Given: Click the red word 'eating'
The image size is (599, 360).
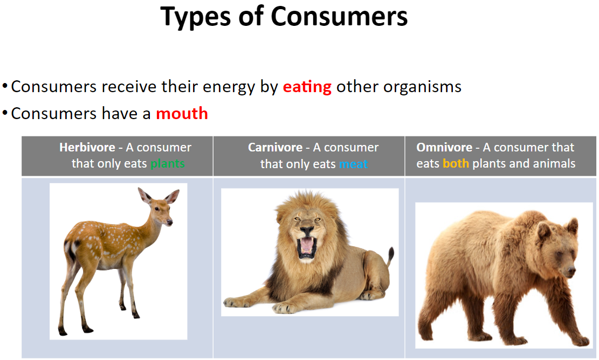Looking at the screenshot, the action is [307, 87].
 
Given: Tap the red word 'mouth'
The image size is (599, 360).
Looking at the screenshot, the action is [182, 113].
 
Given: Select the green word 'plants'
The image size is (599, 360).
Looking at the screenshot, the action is [168, 164].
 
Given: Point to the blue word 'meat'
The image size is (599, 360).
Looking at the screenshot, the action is [353, 164].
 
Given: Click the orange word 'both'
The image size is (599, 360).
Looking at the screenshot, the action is [456, 163].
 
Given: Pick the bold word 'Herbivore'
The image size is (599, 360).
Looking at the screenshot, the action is [87, 147].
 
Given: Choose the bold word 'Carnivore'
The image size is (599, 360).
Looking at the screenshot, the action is [275, 147].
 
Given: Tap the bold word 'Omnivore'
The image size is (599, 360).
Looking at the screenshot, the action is [444, 147].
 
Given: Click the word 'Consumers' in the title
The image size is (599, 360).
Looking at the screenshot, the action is [339, 17].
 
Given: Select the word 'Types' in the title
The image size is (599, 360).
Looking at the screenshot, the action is [196, 18].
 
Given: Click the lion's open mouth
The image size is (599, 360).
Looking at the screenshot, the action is [307, 246].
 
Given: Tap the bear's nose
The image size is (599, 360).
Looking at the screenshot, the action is [572, 272].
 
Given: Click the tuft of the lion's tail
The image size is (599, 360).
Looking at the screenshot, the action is [391, 254].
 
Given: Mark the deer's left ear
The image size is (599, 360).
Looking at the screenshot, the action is [145, 195].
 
